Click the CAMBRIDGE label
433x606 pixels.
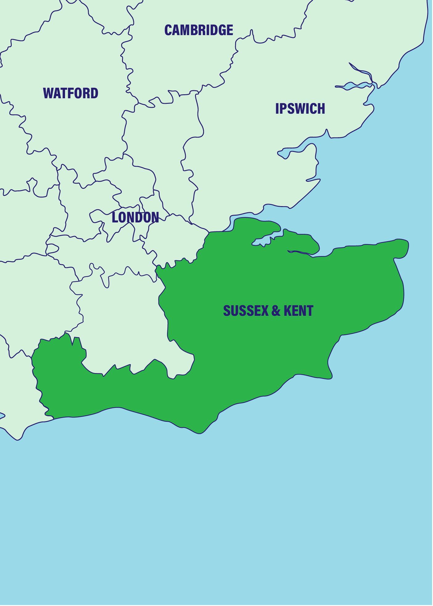(199, 30)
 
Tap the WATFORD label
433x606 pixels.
(71, 93)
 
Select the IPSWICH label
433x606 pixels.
(300, 109)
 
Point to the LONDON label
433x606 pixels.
(135, 218)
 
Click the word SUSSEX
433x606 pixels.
(246, 311)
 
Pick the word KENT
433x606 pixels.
(298, 311)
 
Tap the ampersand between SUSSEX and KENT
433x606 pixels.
(276, 311)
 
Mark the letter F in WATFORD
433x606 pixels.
(70, 93)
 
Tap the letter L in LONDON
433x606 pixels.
(115, 218)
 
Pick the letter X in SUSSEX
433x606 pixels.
(265, 311)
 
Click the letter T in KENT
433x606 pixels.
(310, 311)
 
